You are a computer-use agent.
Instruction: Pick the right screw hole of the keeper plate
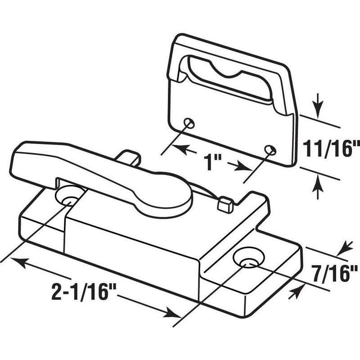click(269, 149)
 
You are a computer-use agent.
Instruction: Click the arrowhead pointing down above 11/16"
click(318, 107)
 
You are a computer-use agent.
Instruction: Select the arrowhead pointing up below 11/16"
click(318, 183)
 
